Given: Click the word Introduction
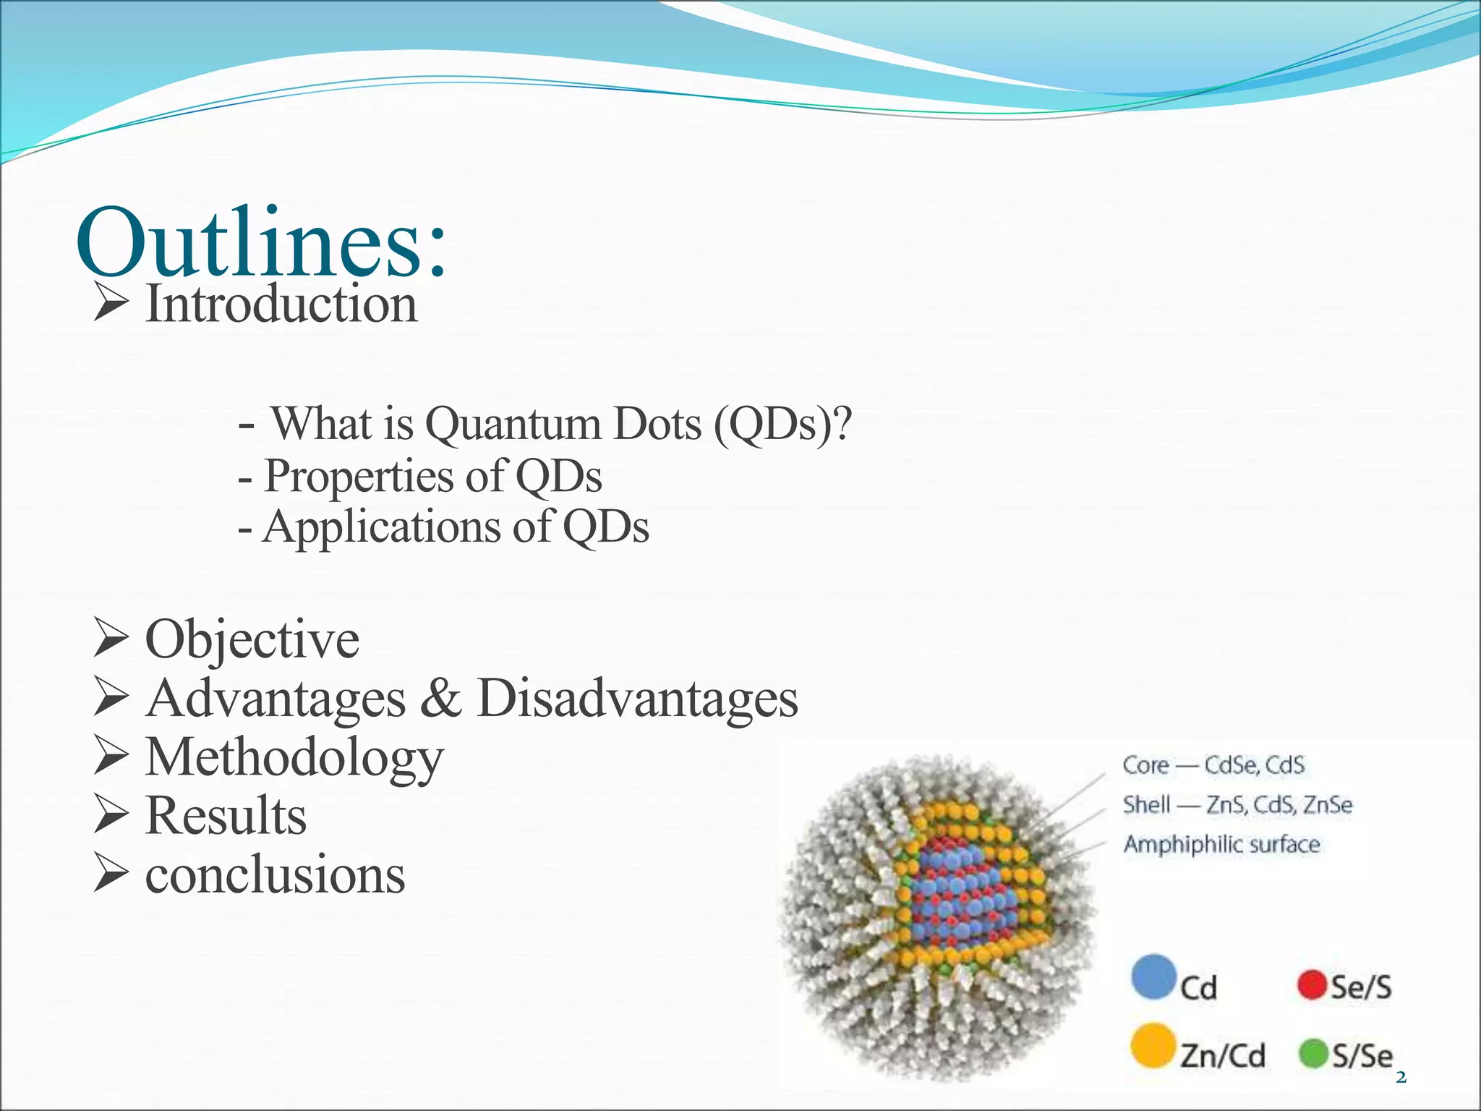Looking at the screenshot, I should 281,305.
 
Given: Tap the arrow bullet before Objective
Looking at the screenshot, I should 111,639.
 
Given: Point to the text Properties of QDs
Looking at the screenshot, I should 432,477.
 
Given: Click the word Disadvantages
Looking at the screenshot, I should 637,699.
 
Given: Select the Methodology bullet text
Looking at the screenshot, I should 294,758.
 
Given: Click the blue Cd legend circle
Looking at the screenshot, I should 1153,977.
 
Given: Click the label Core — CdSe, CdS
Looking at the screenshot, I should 1213,765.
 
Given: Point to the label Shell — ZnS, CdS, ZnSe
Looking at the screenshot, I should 1237,805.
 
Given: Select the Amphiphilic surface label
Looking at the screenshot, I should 1221,844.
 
